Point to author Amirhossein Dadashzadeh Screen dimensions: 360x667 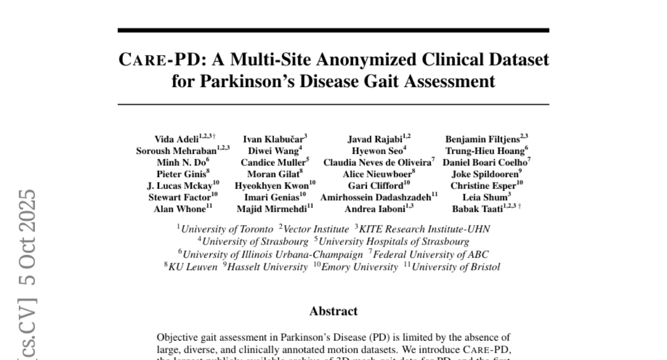point(376,197)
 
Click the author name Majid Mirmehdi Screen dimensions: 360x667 point(272,209)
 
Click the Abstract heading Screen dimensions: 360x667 point(333,311)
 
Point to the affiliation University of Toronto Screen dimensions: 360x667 point(227,229)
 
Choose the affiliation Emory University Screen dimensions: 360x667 point(369,267)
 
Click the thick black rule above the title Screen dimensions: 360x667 point(333,30)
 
